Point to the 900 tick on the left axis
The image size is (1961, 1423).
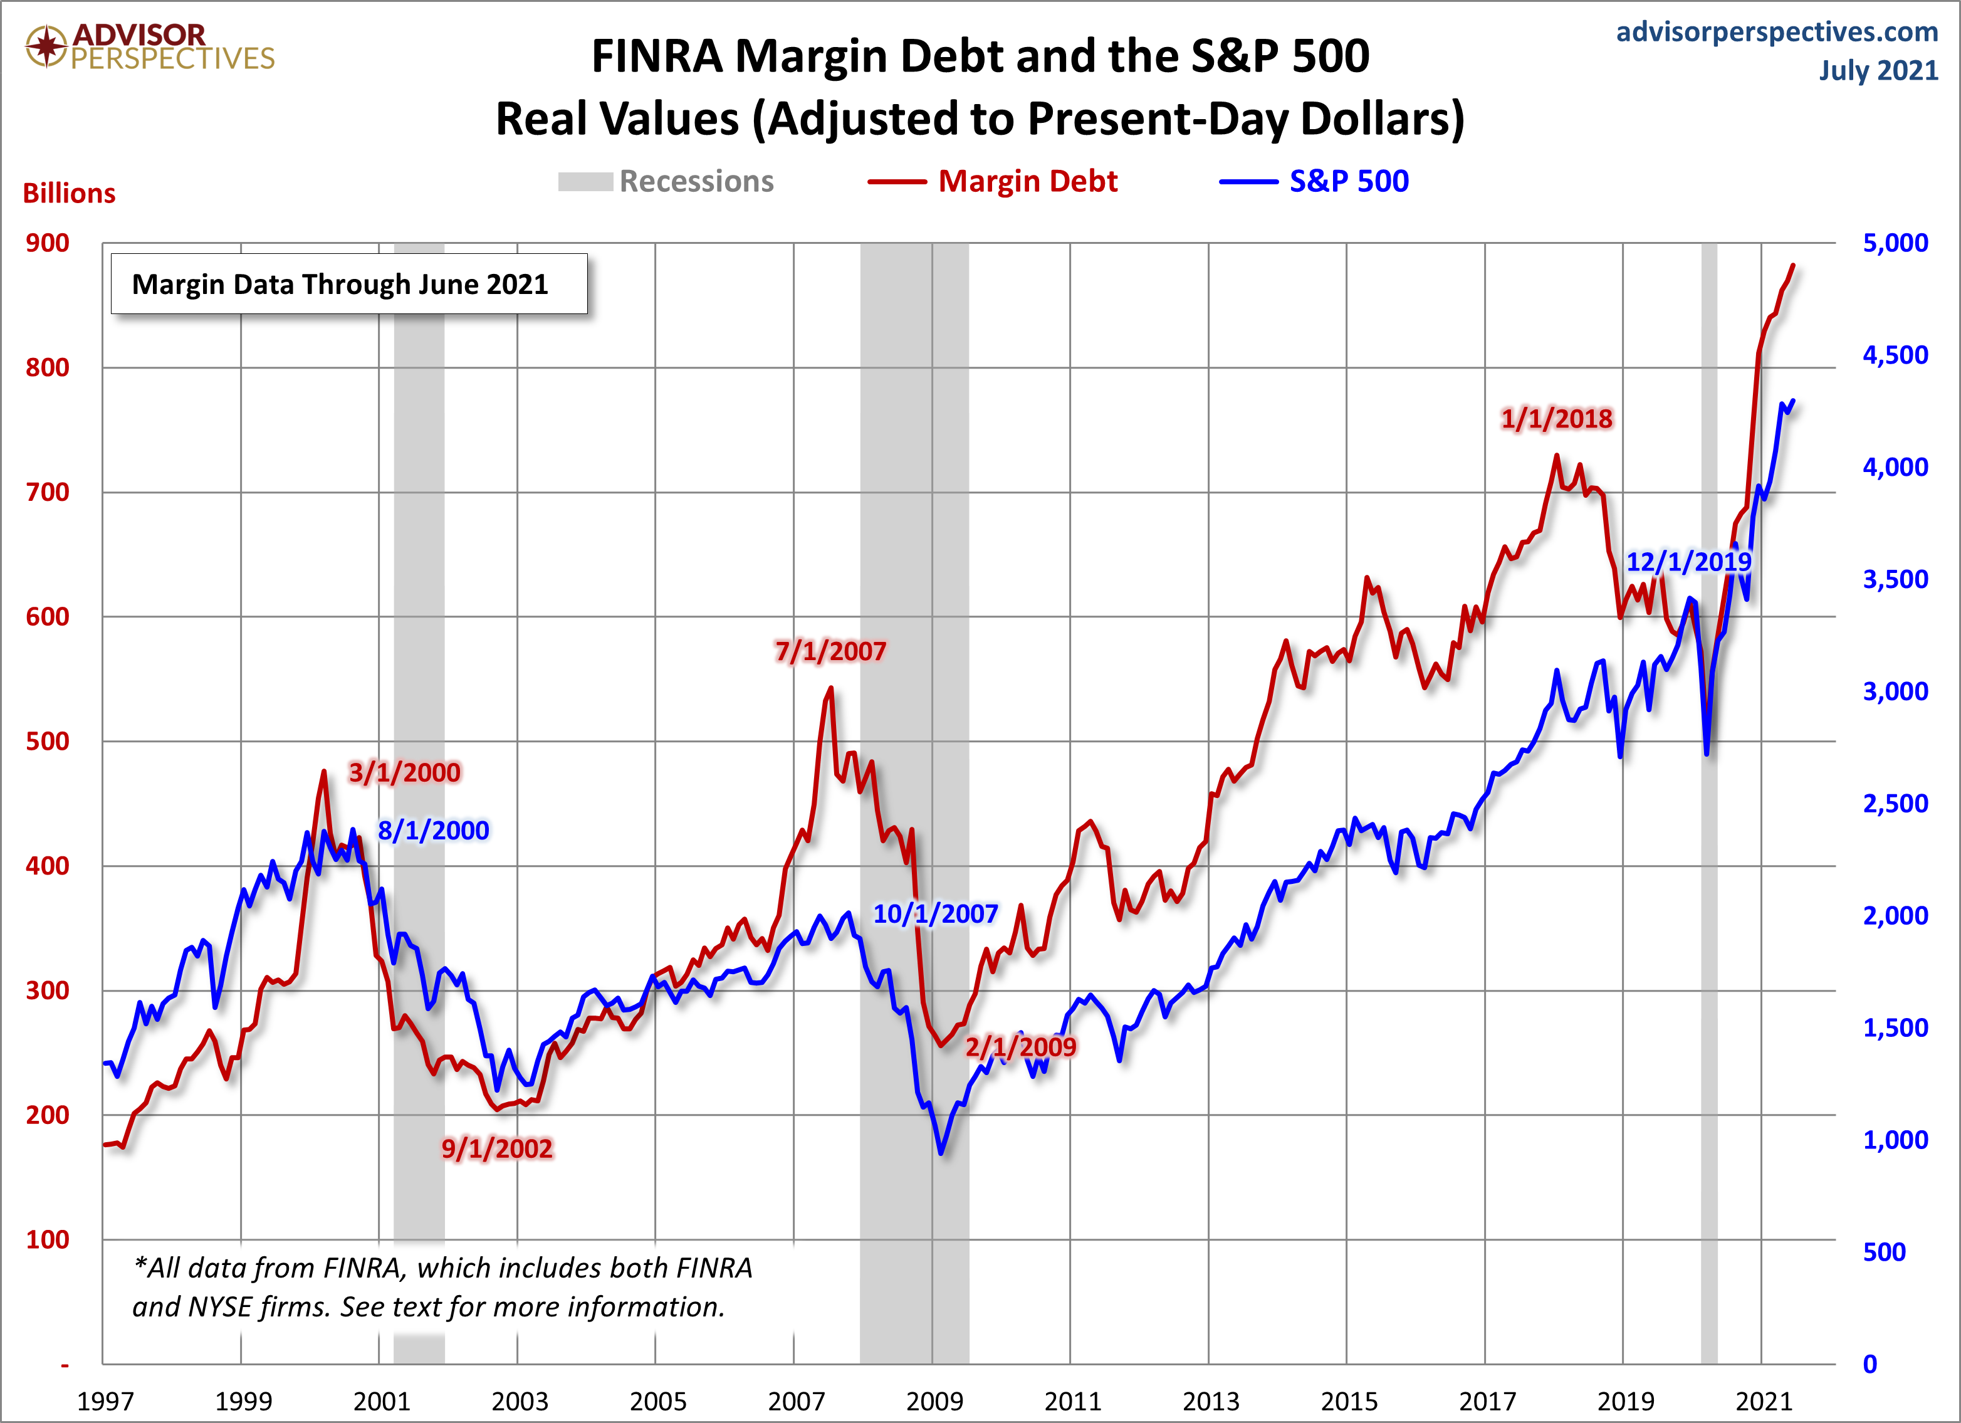pos(48,243)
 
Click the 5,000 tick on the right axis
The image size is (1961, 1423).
pos(1895,243)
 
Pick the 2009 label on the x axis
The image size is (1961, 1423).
pos(934,1400)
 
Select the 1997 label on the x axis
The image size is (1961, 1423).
pos(105,1400)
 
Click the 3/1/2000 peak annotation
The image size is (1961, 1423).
pos(405,772)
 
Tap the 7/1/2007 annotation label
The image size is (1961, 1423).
pos(830,651)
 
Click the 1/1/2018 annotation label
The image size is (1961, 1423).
pos(1556,419)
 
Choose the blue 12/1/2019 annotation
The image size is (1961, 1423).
pos(1688,562)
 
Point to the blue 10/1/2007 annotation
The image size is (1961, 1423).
pos(936,913)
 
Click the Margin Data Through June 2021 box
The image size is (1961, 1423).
pos(348,284)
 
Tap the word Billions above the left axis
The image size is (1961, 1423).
pos(69,194)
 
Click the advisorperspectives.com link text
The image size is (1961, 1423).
pos(1777,32)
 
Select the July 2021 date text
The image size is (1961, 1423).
pos(1878,70)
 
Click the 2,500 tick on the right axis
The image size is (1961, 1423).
pos(1895,804)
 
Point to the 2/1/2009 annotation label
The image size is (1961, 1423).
pos(1021,1048)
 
